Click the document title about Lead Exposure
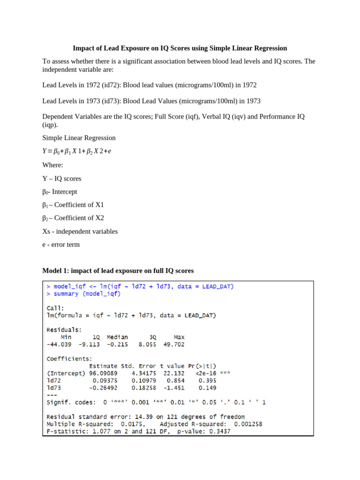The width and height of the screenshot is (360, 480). tap(180, 48)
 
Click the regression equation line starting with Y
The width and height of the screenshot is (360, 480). tap(77, 151)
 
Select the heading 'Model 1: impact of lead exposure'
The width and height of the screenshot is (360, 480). tap(118, 270)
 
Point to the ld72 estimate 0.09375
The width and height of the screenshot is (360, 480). tap(105, 381)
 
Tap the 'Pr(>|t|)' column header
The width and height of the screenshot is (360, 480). tap(200, 366)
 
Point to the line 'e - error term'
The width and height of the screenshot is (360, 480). tap(61, 244)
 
